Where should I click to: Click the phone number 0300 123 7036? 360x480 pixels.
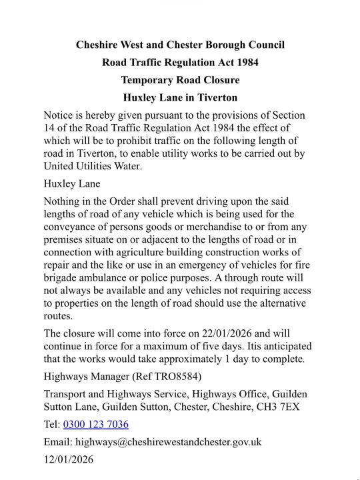95,424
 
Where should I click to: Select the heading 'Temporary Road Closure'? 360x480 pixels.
180,80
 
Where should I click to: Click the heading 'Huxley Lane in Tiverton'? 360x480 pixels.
180,97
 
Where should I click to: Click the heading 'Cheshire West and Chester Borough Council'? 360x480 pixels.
180,45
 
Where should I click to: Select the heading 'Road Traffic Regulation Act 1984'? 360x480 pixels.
180,63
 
